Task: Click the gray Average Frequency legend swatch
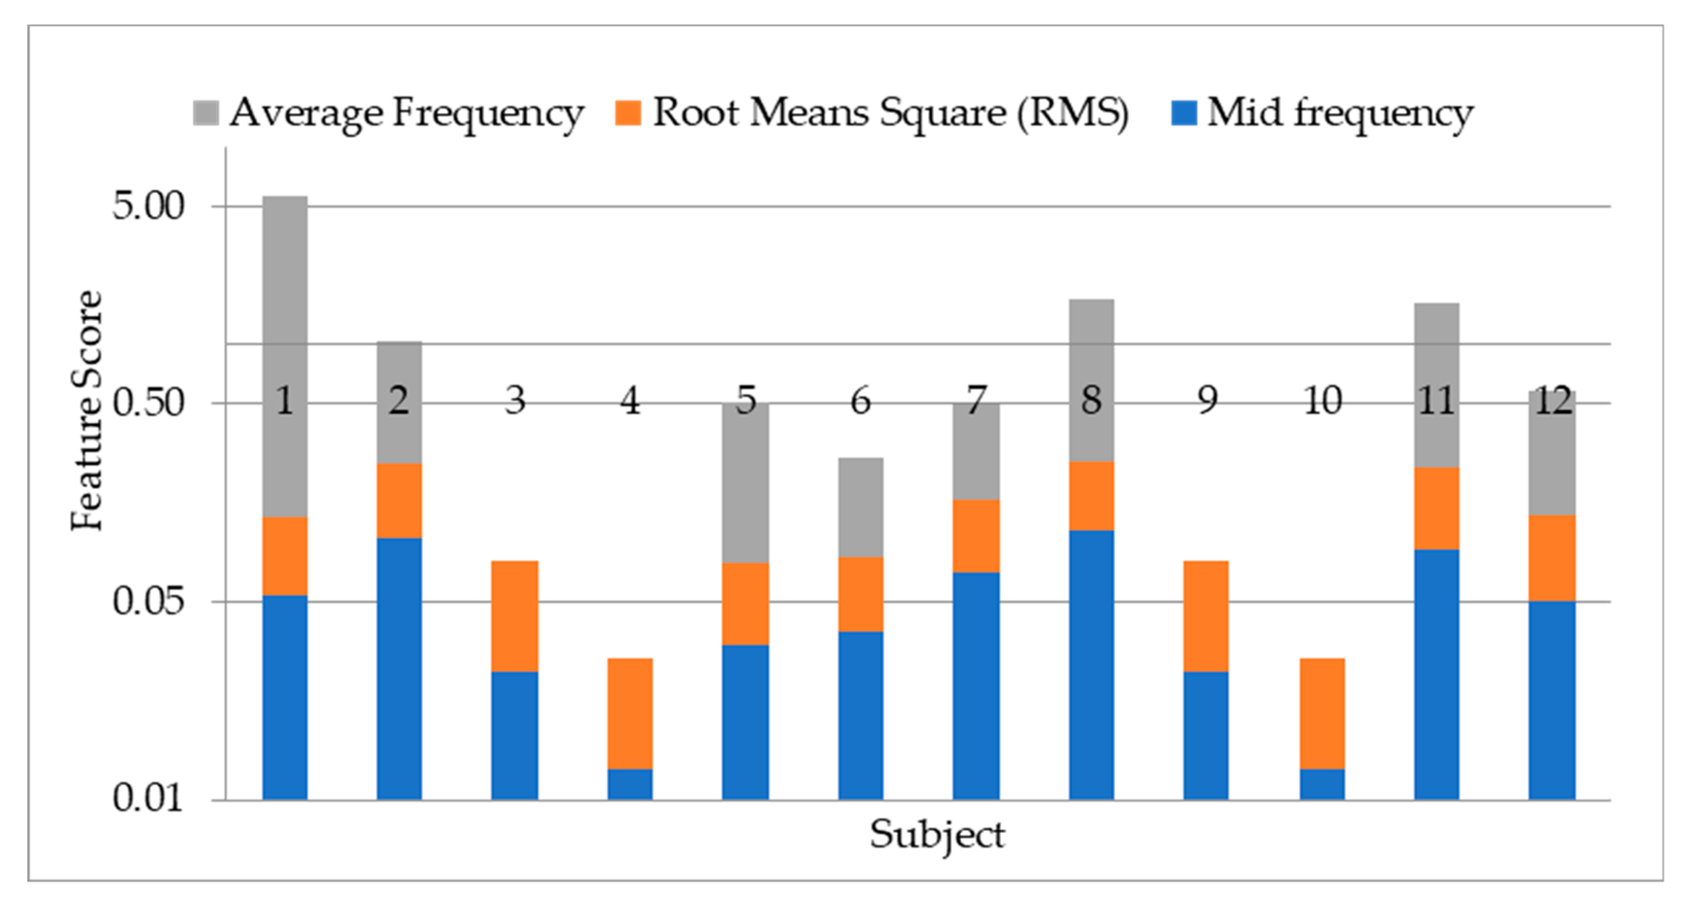tap(205, 112)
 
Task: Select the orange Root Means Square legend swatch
tap(628, 112)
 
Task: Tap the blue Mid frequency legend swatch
tap(1184, 112)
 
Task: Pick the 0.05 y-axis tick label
tap(148, 600)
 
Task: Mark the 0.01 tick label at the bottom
tap(148, 798)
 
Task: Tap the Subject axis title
tap(937, 835)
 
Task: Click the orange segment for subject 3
tap(515, 615)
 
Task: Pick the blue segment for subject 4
tap(630, 784)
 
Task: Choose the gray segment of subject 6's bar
tap(860, 507)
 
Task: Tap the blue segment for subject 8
tap(1091, 664)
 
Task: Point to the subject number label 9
tap(1207, 400)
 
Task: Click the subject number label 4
tap(630, 400)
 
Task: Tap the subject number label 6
tap(860, 400)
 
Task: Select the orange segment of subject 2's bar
tap(399, 500)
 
